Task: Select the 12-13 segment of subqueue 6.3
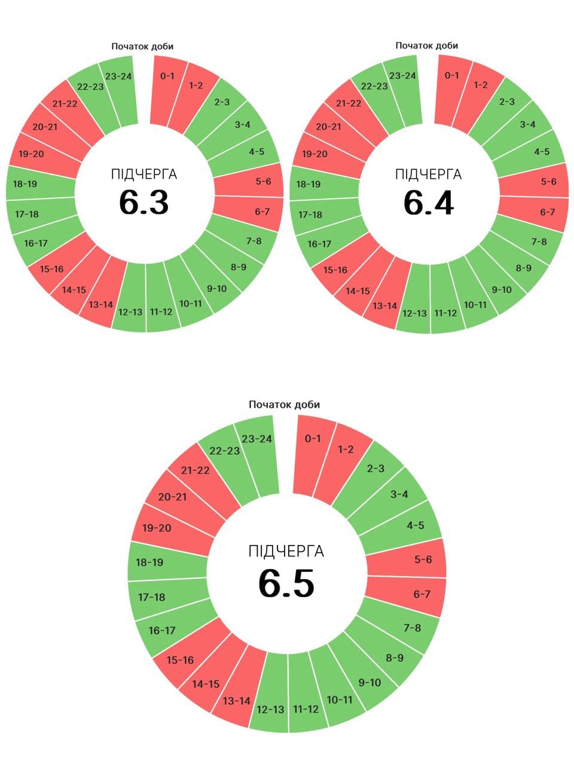coord(130,311)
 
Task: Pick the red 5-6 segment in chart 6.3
coord(263,181)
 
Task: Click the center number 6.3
coord(143,202)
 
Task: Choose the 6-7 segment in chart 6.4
coord(547,212)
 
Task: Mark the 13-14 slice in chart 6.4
coord(384,306)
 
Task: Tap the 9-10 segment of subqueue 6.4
coord(501,290)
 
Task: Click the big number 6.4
coord(428,202)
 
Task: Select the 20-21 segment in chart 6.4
coord(328,127)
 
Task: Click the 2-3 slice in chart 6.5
coord(375,469)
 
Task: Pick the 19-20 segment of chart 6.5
coord(157,528)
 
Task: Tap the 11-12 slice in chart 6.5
coord(306,709)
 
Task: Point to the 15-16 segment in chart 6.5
coord(180,660)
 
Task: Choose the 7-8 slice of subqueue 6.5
coord(412,628)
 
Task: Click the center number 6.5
coord(286,583)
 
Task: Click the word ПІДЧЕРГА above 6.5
coord(286,550)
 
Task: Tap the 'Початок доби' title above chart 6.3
coord(142,46)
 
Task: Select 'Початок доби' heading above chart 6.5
coord(284,405)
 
